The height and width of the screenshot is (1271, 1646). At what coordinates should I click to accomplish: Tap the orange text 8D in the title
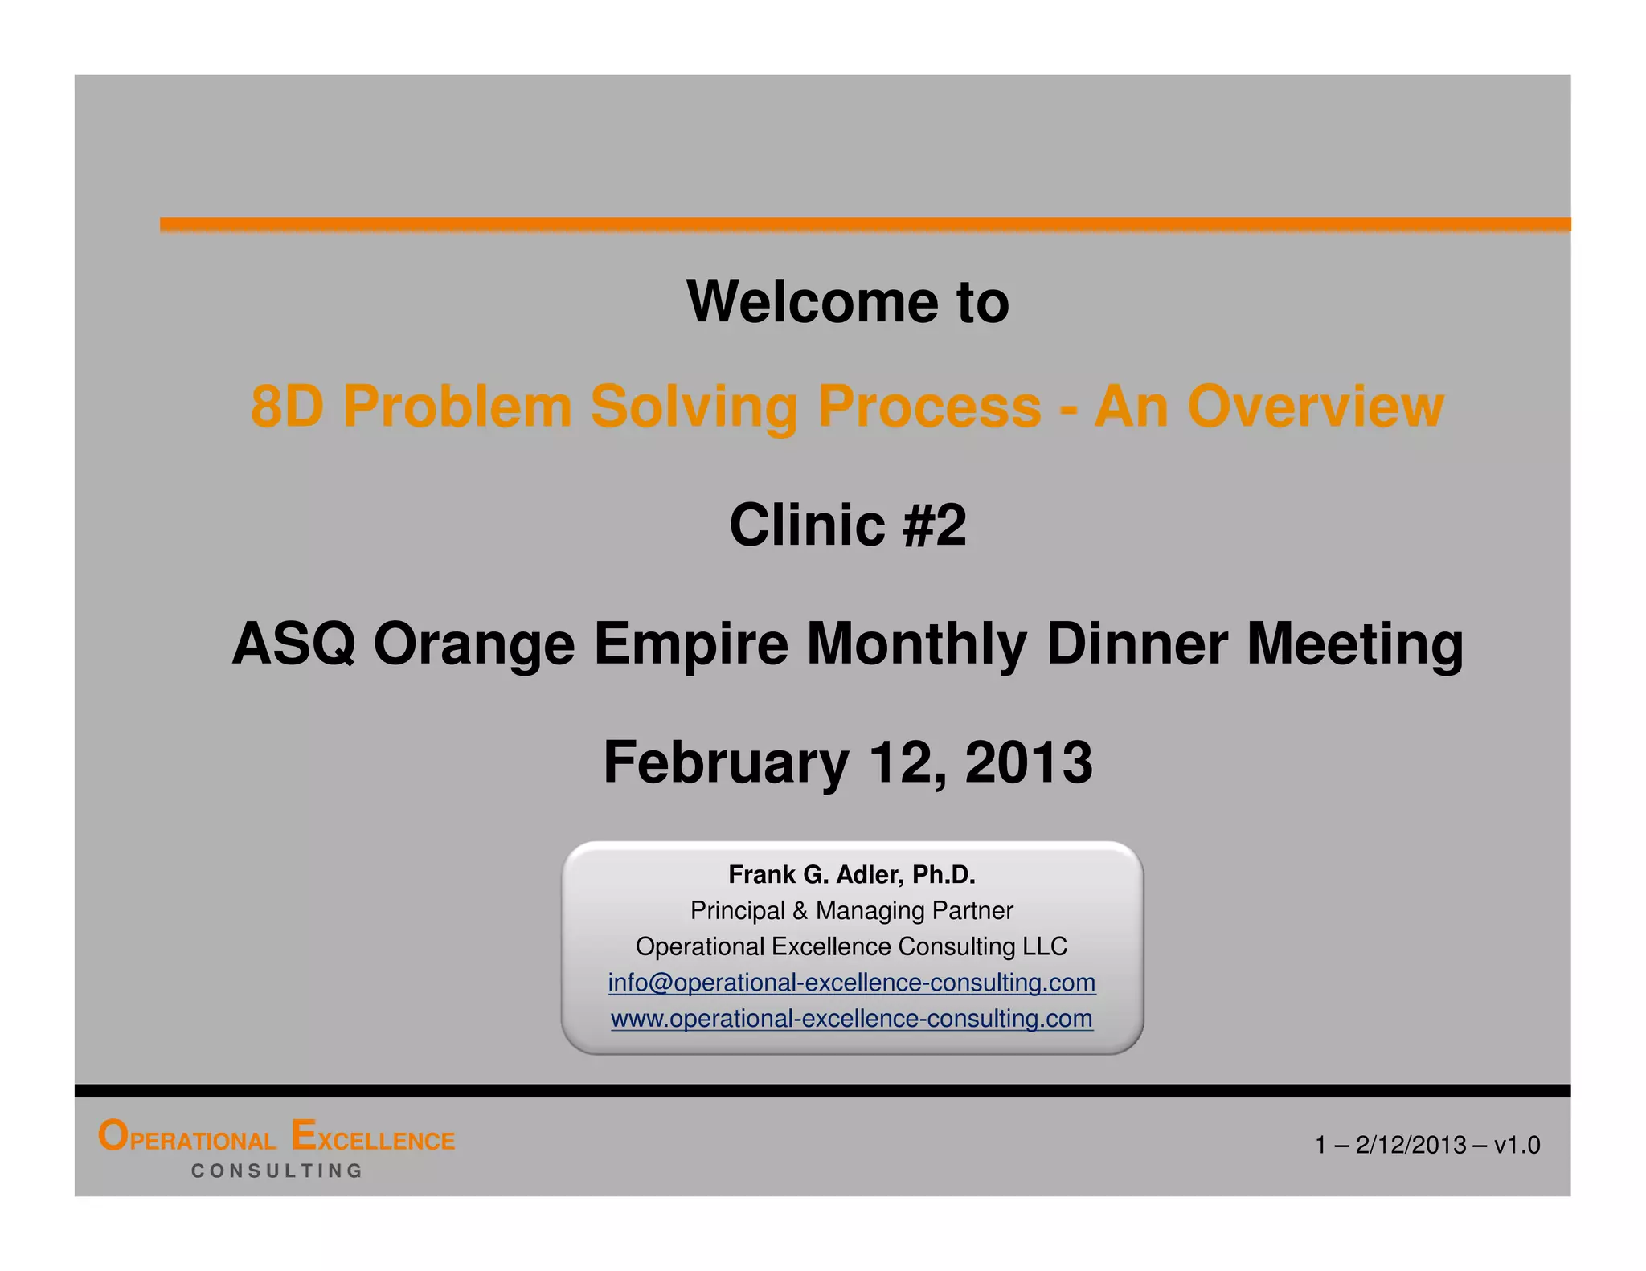pyautogui.click(x=286, y=406)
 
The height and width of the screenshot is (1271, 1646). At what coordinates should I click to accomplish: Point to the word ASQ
pyautogui.click(x=293, y=644)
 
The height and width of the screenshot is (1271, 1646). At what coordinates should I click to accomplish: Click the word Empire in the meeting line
pyautogui.click(x=691, y=644)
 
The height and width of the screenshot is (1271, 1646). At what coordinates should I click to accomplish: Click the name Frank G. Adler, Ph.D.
pyautogui.click(x=851, y=874)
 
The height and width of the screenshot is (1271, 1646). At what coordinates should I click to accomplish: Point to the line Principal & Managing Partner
pyautogui.click(x=851, y=910)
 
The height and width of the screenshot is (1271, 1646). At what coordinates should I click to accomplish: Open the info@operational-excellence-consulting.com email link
pyautogui.click(x=851, y=983)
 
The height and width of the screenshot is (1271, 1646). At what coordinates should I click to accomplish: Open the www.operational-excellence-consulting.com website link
pyautogui.click(x=851, y=1019)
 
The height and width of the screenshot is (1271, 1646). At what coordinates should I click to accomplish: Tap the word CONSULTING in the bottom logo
pyautogui.click(x=277, y=1171)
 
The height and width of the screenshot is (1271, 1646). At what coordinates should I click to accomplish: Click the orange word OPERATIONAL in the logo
pyautogui.click(x=186, y=1138)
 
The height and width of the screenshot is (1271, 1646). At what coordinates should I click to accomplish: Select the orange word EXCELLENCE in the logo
pyautogui.click(x=373, y=1138)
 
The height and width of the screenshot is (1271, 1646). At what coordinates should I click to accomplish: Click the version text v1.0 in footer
pyautogui.click(x=1517, y=1145)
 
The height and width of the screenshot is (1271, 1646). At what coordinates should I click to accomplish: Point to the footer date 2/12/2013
pyautogui.click(x=1411, y=1145)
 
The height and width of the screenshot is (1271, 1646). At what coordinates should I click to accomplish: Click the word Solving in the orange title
pyautogui.click(x=694, y=406)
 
